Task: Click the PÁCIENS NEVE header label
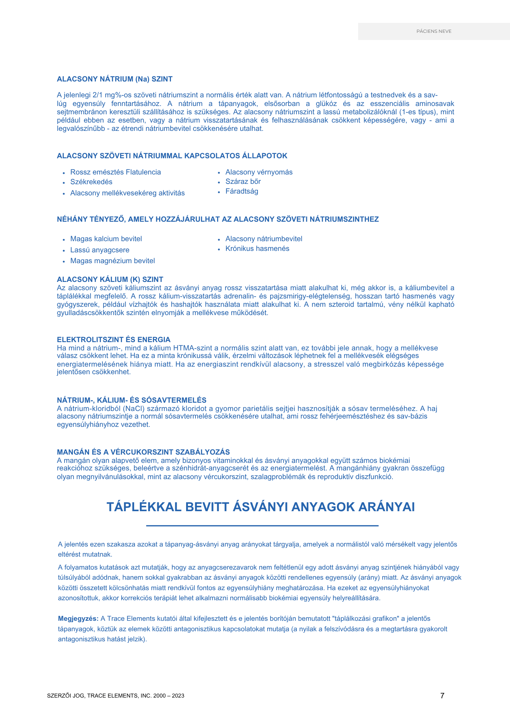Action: point(434,31)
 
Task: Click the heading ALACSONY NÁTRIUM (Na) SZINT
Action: point(115,79)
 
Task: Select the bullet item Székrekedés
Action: point(91,182)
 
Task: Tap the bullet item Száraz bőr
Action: point(243,182)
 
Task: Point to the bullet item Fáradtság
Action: point(242,191)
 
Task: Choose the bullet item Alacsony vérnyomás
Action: point(259,172)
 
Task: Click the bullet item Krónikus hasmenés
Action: point(257,249)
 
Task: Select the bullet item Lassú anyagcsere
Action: point(100,250)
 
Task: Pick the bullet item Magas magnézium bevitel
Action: point(113,261)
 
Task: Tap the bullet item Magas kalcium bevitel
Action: point(106,239)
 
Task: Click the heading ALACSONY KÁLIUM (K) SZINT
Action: point(110,279)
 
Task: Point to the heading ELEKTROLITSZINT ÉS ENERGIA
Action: point(114,340)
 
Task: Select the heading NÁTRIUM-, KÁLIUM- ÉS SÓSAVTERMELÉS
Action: point(132,400)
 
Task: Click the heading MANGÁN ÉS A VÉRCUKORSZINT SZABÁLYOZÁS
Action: point(143,452)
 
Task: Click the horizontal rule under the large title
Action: point(262,526)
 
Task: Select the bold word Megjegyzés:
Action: point(78,619)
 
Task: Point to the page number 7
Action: point(442,696)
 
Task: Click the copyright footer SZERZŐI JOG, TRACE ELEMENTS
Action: point(115,696)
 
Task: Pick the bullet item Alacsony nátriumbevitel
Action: point(264,239)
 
